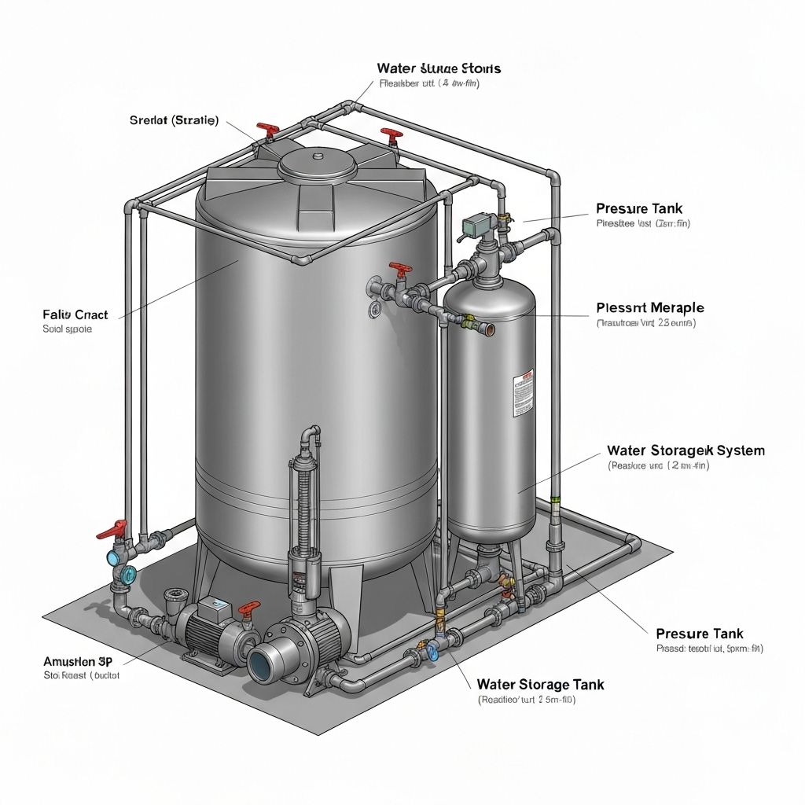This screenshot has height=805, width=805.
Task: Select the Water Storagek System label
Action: click(x=686, y=450)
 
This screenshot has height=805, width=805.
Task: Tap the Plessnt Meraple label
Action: click(x=649, y=307)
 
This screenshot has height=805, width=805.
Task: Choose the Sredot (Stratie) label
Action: click(x=174, y=120)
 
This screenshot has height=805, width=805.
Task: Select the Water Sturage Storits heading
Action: click(x=439, y=68)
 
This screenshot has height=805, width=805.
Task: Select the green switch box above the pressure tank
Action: click(x=473, y=225)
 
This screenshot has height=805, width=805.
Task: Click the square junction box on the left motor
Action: click(x=211, y=607)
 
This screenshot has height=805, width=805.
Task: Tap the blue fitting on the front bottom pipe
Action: click(x=430, y=651)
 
